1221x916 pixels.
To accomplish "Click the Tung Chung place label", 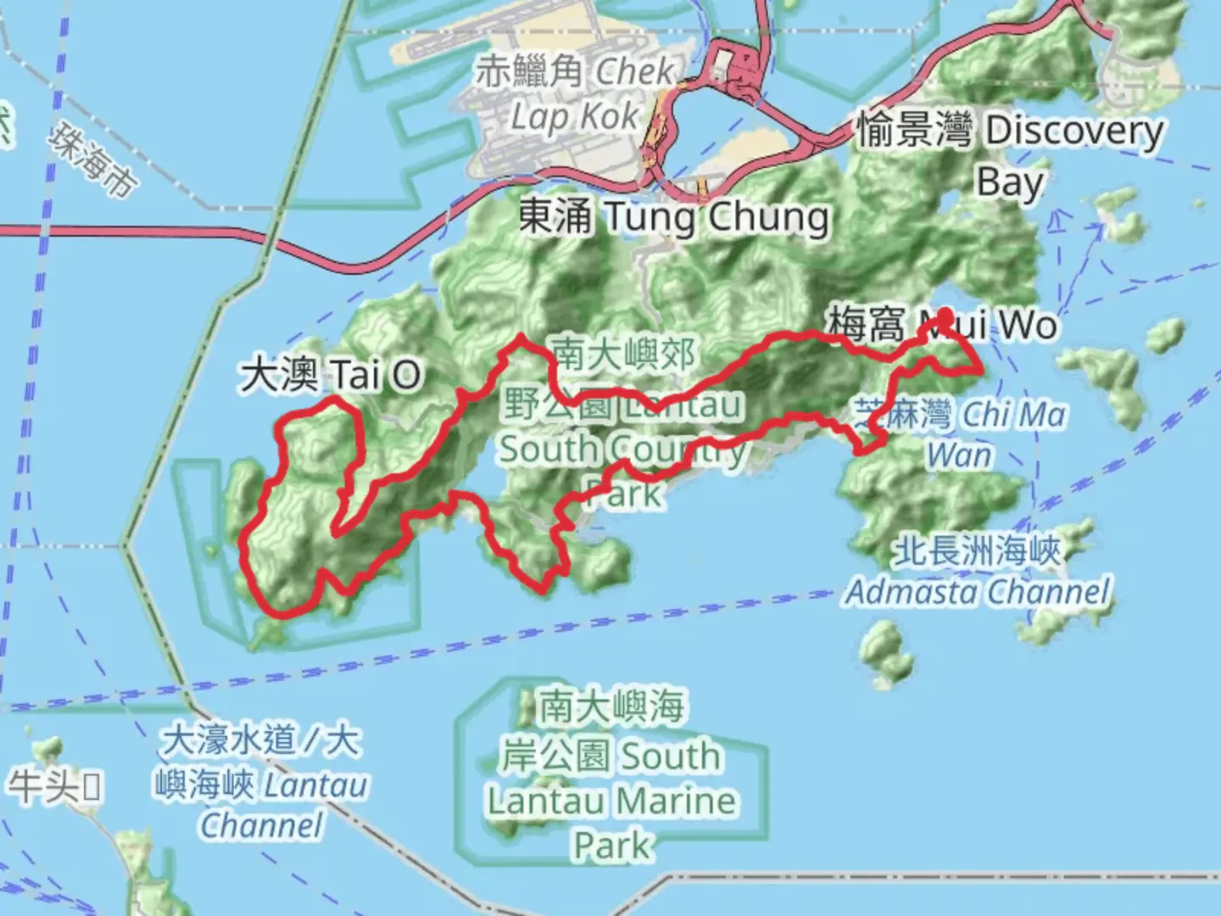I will pos(674,217).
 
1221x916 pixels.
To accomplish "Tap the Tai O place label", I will pos(331,375).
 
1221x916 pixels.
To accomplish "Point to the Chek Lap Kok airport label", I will pos(577,93).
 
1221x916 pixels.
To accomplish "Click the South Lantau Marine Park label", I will pos(611,776).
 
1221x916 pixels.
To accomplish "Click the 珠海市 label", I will pos(92,160).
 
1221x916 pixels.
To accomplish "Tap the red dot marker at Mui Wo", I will pos(944,321).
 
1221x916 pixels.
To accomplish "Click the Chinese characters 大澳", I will pos(279,375).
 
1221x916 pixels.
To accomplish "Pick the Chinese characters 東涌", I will pos(555,217).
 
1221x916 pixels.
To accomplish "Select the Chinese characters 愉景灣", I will pos(914,130).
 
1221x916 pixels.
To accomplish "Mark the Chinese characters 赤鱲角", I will pos(528,72).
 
